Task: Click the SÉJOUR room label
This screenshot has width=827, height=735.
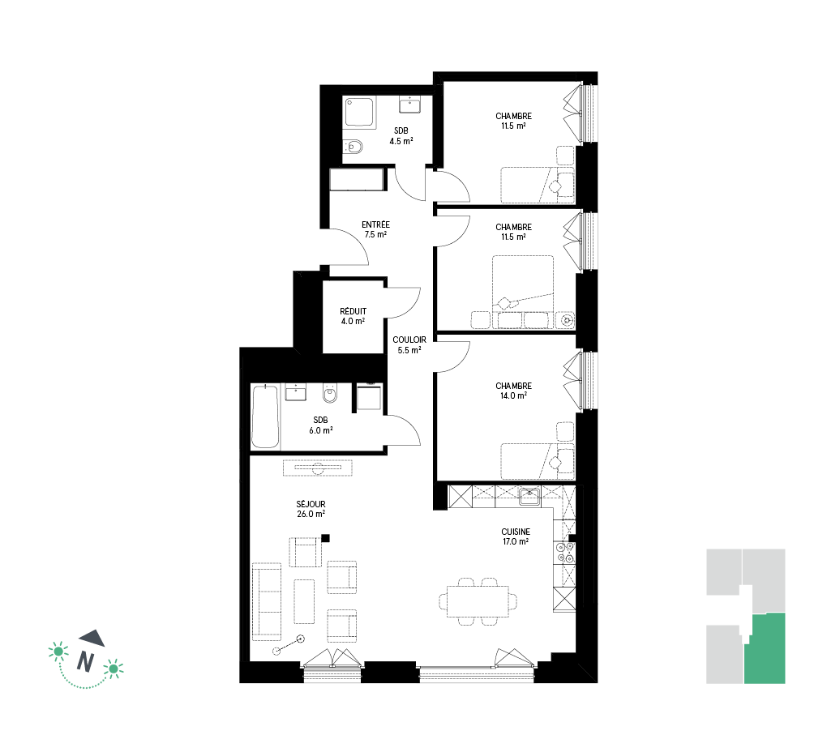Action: pyautogui.click(x=311, y=509)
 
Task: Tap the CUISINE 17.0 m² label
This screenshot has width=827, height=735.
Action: pyautogui.click(x=516, y=536)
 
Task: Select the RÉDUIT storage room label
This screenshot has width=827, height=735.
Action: pyautogui.click(x=353, y=316)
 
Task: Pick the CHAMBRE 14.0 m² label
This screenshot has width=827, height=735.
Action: pyautogui.click(x=514, y=391)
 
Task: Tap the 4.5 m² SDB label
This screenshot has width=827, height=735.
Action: pyautogui.click(x=401, y=136)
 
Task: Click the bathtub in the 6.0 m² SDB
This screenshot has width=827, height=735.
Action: pyautogui.click(x=265, y=417)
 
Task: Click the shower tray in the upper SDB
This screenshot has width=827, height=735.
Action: pyautogui.click(x=359, y=112)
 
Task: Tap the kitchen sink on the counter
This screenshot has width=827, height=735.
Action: pyautogui.click(x=529, y=497)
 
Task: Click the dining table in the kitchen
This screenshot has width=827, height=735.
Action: pyautogui.click(x=478, y=601)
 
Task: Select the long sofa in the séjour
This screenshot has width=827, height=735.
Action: pyautogui.click(x=267, y=601)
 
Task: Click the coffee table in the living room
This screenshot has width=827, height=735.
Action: pyautogui.click(x=304, y=601)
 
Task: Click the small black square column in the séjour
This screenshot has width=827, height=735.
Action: pyautogui.click(x=325, y=538)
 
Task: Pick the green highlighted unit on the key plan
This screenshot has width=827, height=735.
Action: pyautogui.click(x=765, y=648)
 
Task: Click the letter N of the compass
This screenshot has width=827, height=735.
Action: pyautogui.click(x=85, y=661)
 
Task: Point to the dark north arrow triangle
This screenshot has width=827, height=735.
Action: pyautogui.click(x=92, y=638)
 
